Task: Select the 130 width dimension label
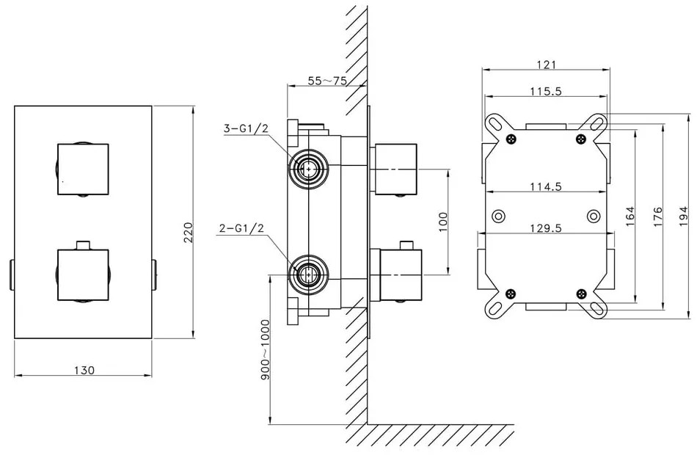click(x=84, y=370)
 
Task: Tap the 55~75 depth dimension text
click(x=327, y=81)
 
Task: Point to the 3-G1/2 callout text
click(x=245, y=129)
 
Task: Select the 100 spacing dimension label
click(x=442, y=222)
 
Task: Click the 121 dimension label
click(x=545, y=65)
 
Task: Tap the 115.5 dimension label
click(x=545, y=91)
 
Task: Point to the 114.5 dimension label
click(x=545, y=186)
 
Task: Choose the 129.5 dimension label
click(x=545, y=228)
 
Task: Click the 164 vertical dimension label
click(x=630, y=216)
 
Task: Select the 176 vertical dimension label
click(x=658, y=216)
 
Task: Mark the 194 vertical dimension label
click(x=684, y=216)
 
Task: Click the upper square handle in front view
click(x=83, y=170)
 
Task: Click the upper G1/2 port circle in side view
click(x=307, y=169)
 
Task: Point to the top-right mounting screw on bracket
click(x=581, y=139)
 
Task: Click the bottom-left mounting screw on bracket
click(x=510, y=293)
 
